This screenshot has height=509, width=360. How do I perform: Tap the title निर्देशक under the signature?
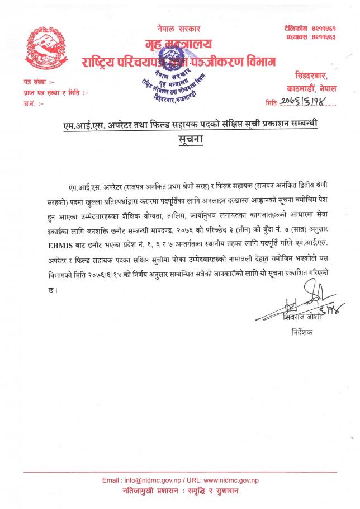point(304,332)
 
